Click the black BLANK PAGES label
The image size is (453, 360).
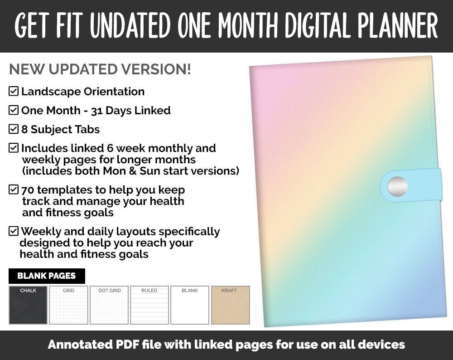pos(47,276)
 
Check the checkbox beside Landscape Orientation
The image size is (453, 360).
pos(14,92)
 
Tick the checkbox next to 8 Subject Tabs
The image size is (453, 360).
pos(14,129)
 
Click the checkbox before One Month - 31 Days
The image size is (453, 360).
pos(14,110)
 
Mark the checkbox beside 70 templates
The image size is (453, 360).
pos(14,190)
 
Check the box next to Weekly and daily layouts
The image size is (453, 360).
pos(14,231)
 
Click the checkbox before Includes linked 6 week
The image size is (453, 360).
pos(14,148)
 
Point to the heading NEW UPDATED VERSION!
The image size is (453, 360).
pos(100,69)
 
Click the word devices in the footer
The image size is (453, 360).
pos(380,345)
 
